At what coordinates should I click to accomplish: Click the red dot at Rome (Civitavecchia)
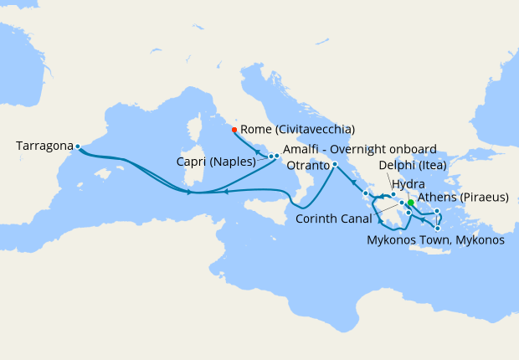[x=234, y=129]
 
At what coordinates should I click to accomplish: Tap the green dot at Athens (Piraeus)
[x=411, y=202]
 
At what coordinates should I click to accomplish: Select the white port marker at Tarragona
[x=77, y=147]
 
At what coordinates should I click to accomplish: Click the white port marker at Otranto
[x=334, y=164]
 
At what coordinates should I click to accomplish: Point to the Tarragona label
[x=44, y=146]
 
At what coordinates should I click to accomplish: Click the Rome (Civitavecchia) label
[x=297, y=130]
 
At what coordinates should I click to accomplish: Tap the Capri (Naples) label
[x=216, y=162]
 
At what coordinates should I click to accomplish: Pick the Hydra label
[x=408, y=183]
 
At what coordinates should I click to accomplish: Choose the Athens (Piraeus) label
[x=462, y=198]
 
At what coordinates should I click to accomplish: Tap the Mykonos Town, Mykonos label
[x=435, y=240]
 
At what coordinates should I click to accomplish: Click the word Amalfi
[x=300, y=150]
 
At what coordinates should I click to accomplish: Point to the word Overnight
[x=358, y=150]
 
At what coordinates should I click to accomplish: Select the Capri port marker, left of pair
[x=270, y=157]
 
